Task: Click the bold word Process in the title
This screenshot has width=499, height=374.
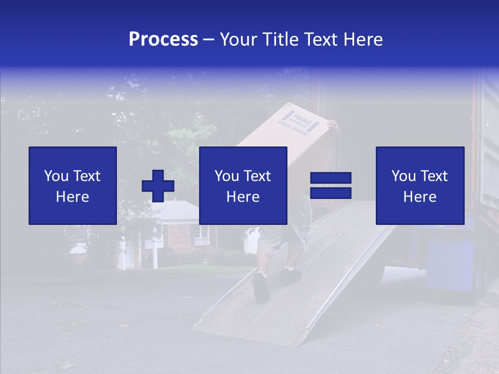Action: (x=163, y=39)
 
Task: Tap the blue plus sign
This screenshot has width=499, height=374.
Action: (x=158, y=186)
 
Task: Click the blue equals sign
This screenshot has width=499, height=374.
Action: (x=331, y=186)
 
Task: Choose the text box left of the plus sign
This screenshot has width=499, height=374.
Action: (x=73, y=185)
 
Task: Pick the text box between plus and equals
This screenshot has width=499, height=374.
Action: (x=243, y=185)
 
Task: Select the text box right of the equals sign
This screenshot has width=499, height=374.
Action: (x=420, y=185)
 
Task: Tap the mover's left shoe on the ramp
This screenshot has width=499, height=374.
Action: (x=261, y=286)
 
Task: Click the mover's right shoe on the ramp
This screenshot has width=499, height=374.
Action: (x=291, y=275)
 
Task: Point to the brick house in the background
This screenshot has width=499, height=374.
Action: (x=177, y=229)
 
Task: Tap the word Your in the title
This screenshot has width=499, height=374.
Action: (x=237, y=39)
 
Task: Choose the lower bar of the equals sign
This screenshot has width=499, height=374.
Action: (x=331, y=193)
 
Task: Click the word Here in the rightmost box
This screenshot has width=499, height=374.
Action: (x=420, y=197)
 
